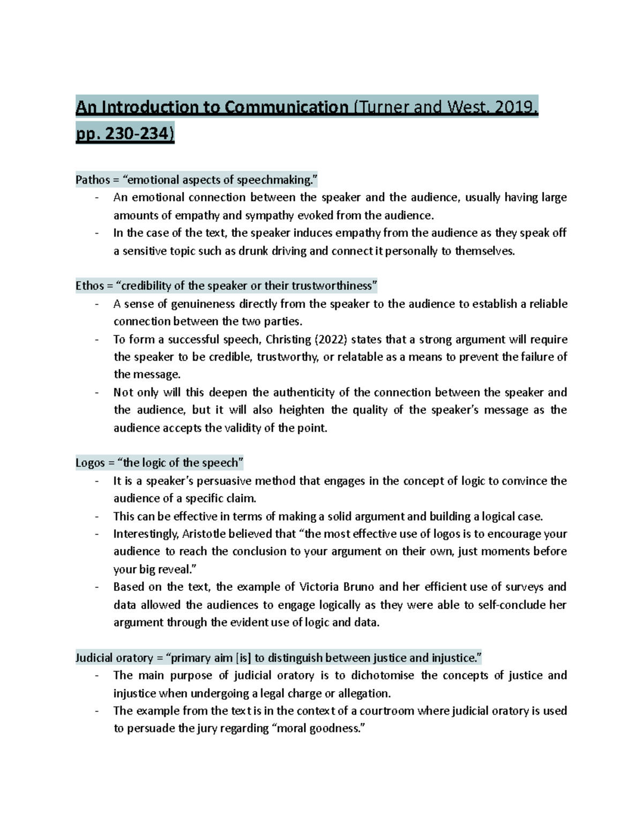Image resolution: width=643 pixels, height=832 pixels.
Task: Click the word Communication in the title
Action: (x=286, y=108)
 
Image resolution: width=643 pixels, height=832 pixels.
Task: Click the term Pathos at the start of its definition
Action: (x=92, y=180)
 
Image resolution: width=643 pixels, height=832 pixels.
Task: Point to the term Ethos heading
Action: (x=89, y=286)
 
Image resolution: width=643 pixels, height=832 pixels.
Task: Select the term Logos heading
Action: (x=90, y=463)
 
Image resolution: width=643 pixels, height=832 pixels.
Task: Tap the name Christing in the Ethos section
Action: (x=288, y=340)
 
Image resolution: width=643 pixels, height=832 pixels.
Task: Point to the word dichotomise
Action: (x=382, y=676)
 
